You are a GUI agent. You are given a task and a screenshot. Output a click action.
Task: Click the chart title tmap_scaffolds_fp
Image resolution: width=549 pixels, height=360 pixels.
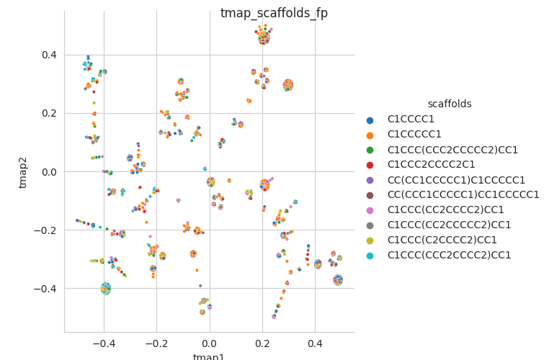coord(274,13)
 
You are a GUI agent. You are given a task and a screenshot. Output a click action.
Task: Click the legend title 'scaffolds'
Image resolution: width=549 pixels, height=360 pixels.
coord(450,104)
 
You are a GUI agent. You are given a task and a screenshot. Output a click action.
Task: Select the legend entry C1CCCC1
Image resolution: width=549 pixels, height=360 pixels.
coord(411,120)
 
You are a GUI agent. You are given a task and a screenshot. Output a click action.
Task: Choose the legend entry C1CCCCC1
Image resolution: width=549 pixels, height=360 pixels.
coord(414,135)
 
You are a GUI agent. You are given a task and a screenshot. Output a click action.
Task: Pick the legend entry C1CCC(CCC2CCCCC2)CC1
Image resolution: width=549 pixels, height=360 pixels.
coord(452,150)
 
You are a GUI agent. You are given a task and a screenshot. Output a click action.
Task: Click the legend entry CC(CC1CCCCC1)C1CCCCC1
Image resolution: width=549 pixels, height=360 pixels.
coord(456,180)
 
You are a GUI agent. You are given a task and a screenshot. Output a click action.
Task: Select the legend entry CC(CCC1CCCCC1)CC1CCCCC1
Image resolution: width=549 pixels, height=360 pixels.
coord(463,194)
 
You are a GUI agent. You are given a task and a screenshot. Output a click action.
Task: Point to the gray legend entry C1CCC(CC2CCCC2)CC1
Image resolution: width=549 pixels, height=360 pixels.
coord(449,225)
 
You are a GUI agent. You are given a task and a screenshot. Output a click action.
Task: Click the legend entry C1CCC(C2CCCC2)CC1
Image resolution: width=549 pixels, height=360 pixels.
coord(442,240)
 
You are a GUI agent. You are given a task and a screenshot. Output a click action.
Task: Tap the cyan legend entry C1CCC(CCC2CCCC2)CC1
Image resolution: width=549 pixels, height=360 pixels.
coord(449,255)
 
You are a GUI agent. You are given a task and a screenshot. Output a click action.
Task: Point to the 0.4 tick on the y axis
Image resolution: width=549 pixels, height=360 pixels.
coord(48,55)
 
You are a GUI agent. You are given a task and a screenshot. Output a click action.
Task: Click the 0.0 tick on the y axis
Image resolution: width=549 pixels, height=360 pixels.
coord(48,171)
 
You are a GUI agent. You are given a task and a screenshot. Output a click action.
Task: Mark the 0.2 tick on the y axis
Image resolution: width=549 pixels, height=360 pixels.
coord(48,113)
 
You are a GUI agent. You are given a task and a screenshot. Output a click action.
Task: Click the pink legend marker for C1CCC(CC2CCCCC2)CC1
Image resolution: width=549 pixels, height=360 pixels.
coord(371,210)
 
